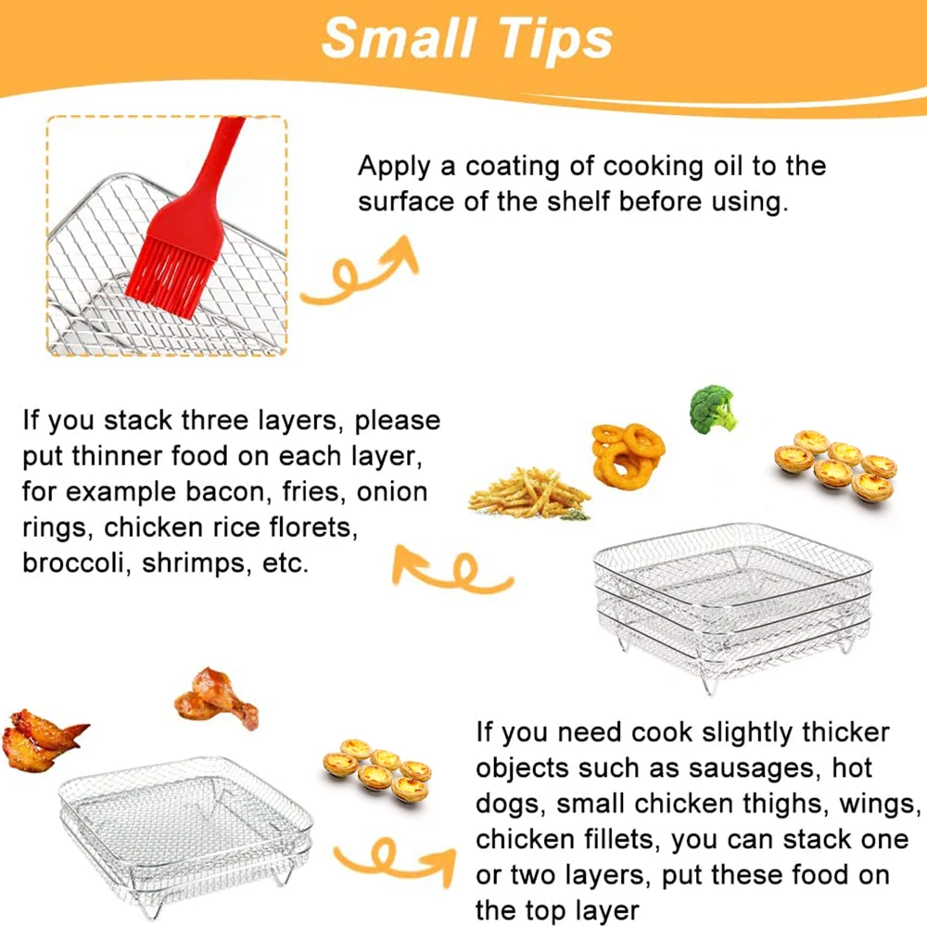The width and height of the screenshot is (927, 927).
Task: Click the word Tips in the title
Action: (x=554, y=39)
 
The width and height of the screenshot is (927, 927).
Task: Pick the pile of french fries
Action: (x=528, y=494)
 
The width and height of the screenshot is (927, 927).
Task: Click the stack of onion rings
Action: (x=628, y=454)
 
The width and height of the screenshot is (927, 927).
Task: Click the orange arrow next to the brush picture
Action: (x=361, y=272)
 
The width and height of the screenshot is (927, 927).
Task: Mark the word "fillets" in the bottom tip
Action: (x=622, y=840)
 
